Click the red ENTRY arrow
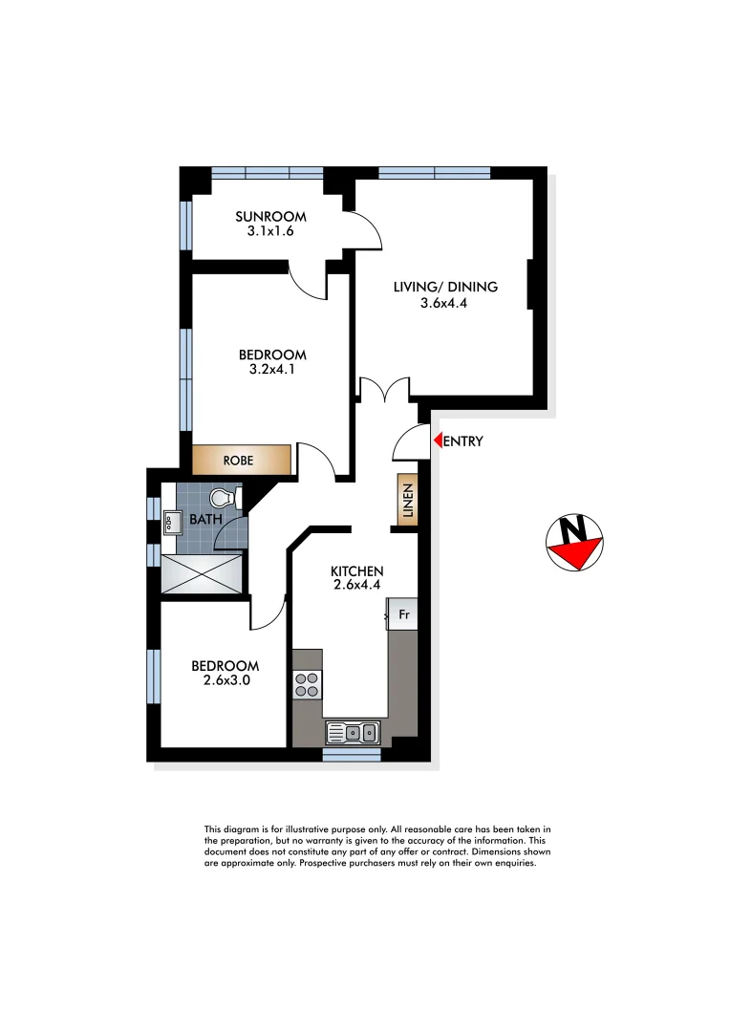(x=437, y=441)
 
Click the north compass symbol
(x=574, y=543)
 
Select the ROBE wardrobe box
(x=241, y=460)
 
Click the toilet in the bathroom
(x=224, y=499)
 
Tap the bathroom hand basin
(x=173, y=522)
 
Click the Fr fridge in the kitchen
(x=402, y=614)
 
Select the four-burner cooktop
(x=308, y=684)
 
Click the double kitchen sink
(x=353, y=733)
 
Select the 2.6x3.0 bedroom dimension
(x=225, y=682)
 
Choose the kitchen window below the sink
(x=352, y=754)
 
